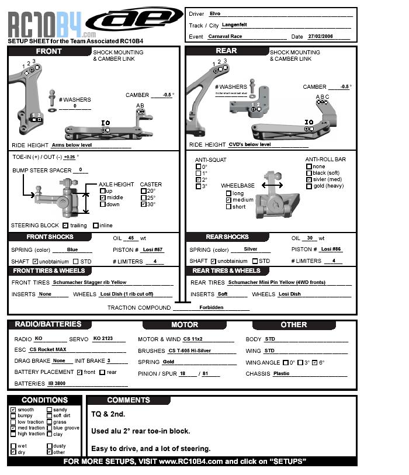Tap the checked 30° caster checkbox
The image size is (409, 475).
144,204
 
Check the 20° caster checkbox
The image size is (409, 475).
144,191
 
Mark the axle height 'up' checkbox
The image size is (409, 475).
102,191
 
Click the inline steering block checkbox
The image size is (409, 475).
96,226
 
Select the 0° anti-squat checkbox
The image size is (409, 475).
198,167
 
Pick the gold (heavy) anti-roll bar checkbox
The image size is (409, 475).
309,186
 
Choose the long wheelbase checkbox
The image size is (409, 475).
228,193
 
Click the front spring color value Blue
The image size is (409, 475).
72,249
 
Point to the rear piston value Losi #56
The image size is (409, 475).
331,249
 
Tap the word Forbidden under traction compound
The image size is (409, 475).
211,307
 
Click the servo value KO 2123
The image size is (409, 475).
102,339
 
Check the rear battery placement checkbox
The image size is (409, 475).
102,372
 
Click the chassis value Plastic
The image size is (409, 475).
281,373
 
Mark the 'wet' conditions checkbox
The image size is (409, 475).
13,446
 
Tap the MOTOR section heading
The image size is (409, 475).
185,325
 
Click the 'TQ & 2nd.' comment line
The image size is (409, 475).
108,414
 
